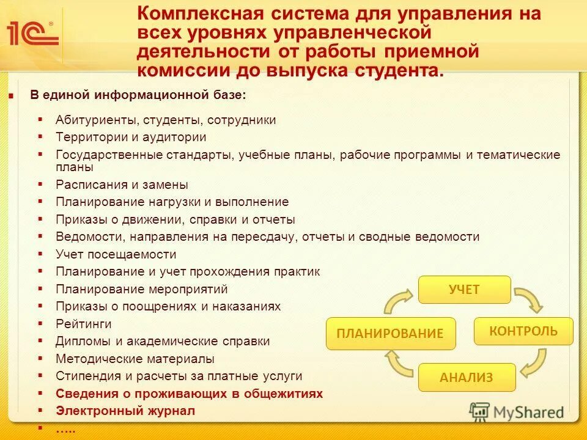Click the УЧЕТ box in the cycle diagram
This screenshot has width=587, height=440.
click(464, 290)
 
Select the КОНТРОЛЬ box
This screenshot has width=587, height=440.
click(523, 331)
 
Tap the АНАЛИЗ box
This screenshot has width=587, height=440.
click(467, 377)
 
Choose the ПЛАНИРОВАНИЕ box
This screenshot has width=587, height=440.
click(391, 334)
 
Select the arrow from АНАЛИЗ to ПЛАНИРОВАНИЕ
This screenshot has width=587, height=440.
click(400, 365)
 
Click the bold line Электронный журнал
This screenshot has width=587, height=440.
click(125, 411)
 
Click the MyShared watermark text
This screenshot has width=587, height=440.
click(528, 413)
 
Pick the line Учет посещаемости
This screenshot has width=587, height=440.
click(116, 254)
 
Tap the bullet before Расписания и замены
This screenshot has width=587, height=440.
click(40, 185)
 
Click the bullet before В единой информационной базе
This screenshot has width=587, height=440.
click(10, 96)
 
